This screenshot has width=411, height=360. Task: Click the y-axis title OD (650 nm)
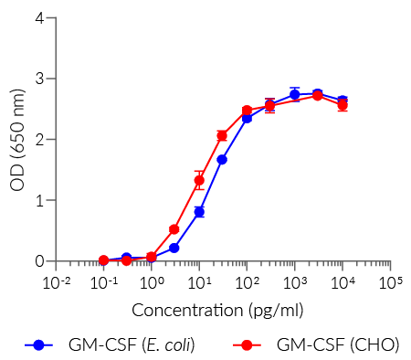[x=16, y=140]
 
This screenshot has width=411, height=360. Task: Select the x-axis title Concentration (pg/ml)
[x=217, y=310]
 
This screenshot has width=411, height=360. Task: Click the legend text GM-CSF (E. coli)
[x=131, y=344]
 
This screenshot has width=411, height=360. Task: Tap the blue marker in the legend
[x=38, y=344]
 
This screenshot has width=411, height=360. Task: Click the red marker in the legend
[x=247, y=344]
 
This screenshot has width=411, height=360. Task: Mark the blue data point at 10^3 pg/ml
[x=294, y=94]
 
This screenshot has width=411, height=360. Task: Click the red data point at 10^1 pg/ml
[x=199, y=180]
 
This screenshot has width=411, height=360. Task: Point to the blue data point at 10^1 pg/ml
[x=199, y=212]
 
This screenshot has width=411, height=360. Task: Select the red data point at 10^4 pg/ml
[x=342, y=105]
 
